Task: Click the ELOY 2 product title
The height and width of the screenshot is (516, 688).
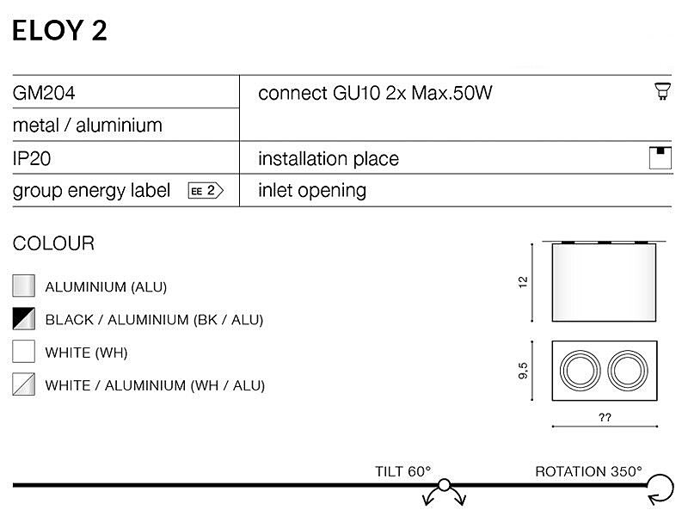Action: (x=59, y=31)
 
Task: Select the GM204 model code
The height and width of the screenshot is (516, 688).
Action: (x=44, y=93)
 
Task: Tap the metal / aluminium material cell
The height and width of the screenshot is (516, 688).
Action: (x=88, y=126)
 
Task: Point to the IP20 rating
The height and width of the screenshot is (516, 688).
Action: (x=32, y=158)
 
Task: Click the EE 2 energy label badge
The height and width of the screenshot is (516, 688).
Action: (x=206, y=190)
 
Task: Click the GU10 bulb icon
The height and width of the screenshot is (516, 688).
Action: (x=662, y=91)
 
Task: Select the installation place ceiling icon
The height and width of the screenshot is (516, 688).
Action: (x=660, y=158)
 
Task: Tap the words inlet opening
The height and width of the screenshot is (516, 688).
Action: (x=312, y=191)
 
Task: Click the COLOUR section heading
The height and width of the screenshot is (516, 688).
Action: (x=53, y=243)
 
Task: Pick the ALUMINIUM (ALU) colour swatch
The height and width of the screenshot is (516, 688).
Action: (x=24, y=286)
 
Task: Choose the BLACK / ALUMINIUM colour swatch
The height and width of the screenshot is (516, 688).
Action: (x=24, y=318)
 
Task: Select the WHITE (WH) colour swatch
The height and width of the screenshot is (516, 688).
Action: (x=24, y=351)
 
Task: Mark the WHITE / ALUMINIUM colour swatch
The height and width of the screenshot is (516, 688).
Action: (x=24, y=384)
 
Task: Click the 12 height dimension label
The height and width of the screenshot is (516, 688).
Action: (x=523, y=282)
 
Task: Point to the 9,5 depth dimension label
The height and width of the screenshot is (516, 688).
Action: (x=523, y=371)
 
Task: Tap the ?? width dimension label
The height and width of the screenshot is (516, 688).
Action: (x=605, y=417)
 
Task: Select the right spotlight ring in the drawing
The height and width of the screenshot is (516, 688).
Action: (x=608, y=371)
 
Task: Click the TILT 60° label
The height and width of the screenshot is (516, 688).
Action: (x=402, y=471)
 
